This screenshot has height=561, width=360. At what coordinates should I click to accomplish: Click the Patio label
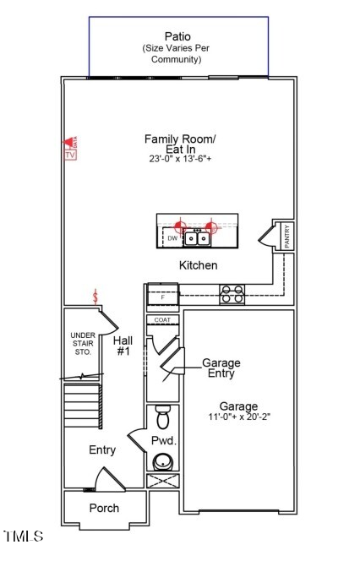(177, 36)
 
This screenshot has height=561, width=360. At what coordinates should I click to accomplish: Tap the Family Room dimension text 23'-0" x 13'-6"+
(179, 159)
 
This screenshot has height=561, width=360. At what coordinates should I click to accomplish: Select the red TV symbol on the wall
(70, 150)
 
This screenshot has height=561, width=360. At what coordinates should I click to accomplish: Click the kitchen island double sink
(197, 239)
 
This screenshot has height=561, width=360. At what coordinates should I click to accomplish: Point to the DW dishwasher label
(172, 239)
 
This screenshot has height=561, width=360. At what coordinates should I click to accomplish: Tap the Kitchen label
(198, 265)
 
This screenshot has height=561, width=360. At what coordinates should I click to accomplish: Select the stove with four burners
(232, 294)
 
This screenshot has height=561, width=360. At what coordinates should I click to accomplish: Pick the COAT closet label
(162, 320)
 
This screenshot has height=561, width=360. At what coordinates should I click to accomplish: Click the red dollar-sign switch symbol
(97, 297)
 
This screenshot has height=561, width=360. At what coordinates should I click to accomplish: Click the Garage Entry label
(220, 368)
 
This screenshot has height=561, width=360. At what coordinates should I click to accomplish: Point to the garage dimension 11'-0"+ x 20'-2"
(238, 417)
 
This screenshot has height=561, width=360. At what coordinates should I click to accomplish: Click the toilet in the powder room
(163, 417)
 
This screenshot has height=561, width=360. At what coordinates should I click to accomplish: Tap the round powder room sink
(162, 461)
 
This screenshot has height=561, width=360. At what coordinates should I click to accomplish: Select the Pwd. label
(163, 441)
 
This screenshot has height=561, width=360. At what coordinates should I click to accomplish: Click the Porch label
(104, 508)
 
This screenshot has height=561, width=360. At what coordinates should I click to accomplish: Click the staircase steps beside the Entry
(82, 405)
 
